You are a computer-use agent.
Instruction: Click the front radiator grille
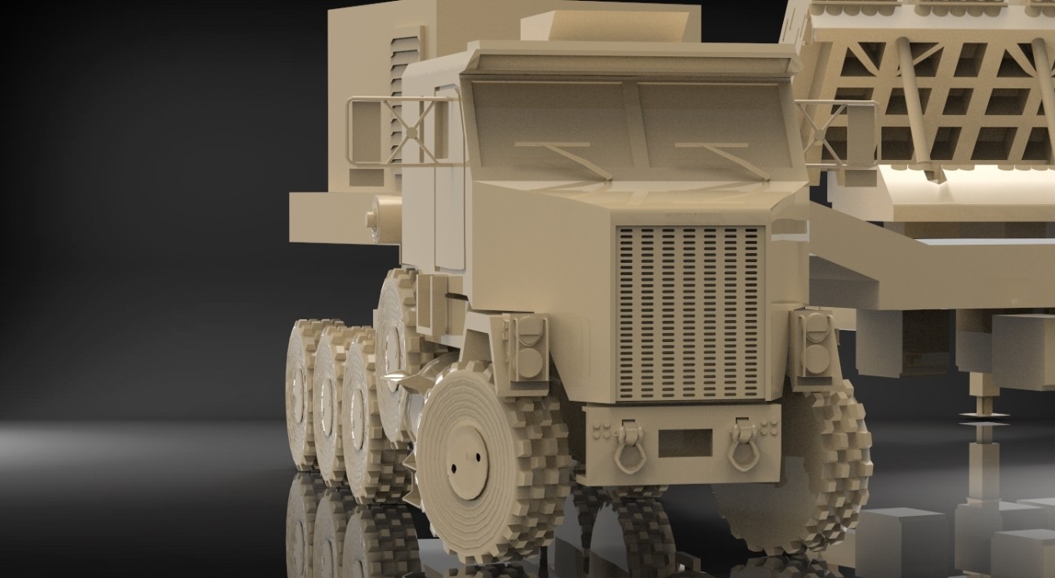690,313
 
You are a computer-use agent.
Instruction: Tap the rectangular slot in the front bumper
683,443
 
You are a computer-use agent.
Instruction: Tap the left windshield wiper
566,156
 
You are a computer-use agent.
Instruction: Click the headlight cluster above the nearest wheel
528,348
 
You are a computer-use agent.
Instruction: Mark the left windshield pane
550,122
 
